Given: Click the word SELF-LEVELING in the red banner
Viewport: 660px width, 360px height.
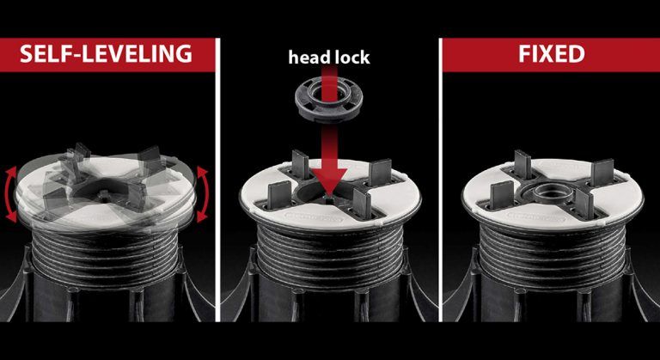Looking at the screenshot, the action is click(106, 54).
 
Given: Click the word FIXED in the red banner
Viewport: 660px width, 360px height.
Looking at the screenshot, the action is click(552, 54).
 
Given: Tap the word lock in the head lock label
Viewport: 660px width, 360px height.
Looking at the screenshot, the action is click(351, 57).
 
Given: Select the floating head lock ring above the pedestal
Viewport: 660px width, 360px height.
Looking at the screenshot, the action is click(329, 101).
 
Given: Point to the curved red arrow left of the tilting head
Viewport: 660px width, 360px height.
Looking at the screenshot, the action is click(11, 194).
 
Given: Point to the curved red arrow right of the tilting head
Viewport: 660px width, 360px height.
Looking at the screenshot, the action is click(202, 194).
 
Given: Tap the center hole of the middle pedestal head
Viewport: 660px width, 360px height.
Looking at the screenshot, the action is click(328, 194).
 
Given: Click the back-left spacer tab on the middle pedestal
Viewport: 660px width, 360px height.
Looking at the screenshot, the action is click(300, 163).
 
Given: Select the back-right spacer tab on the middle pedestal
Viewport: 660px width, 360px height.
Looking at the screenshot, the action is click(381, 172).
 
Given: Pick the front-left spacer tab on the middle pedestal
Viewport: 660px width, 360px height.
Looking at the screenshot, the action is click(279, 195).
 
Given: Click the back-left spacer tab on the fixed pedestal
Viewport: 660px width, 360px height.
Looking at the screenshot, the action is click(522, 164).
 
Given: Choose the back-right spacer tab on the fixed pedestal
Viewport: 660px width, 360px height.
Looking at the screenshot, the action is click(602, 172).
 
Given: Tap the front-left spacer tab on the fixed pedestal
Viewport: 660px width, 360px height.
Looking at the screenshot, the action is click(502, 195).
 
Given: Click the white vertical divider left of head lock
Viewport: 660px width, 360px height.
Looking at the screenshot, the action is click(217, 180).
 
